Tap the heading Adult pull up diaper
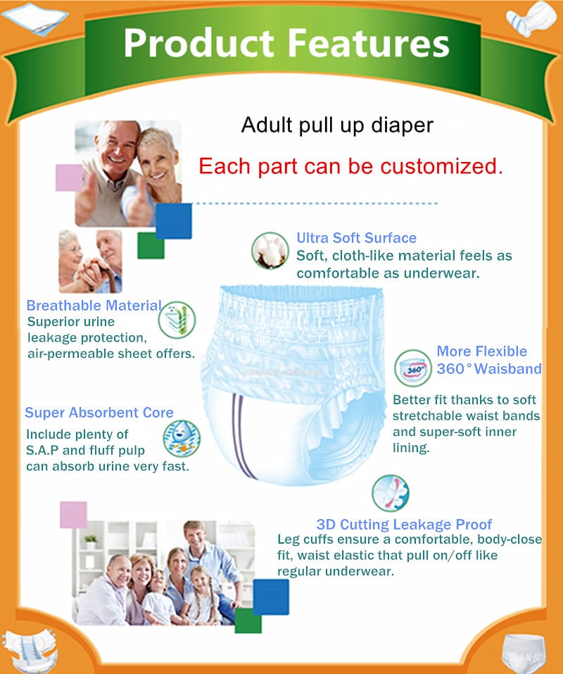coord(337,125)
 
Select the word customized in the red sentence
coord(441,166)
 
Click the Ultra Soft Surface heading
coord(356,238)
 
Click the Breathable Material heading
coord(94,306)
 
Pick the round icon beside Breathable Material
coord(177,320)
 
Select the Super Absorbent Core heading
coord(99,413)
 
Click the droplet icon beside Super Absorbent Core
coord(182,439)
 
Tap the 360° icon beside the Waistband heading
coord(413,368)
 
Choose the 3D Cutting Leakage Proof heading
coord(404,524)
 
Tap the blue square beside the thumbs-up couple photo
coord(173,220)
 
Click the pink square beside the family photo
coord(73,515)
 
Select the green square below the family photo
coord(248,620)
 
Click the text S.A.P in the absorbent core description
coord(45,450)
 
